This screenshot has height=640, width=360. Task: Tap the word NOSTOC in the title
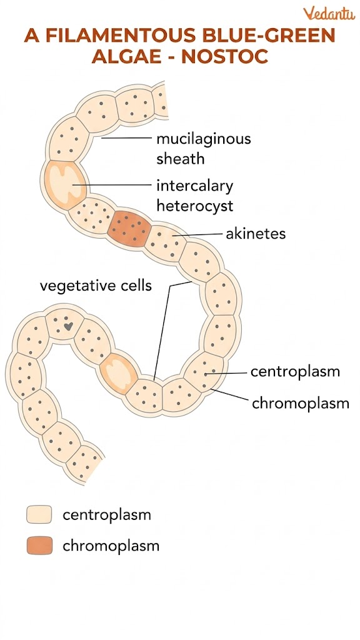[226, 56]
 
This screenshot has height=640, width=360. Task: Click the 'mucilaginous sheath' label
[203, 148]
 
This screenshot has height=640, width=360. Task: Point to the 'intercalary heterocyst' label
[194, 195]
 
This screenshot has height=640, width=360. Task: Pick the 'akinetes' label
[255, 234]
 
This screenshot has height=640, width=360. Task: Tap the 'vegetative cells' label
[96, 286]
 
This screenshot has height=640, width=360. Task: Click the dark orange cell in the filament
[129, 228]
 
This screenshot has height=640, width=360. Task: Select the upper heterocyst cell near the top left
[64, 182]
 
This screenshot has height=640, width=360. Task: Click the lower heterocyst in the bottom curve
[119, 373]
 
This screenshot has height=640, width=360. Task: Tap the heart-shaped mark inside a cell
[67, 326]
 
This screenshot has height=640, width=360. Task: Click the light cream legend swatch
[39, 515]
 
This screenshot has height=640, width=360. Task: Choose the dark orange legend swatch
[39, 546]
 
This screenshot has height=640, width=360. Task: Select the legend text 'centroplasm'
[107, 515]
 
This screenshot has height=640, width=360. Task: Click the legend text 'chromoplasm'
[111, 546]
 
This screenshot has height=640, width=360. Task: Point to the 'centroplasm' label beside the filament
[295, 371]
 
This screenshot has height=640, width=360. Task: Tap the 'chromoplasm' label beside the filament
[300, 403]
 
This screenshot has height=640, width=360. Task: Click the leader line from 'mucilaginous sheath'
[125, 138]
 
